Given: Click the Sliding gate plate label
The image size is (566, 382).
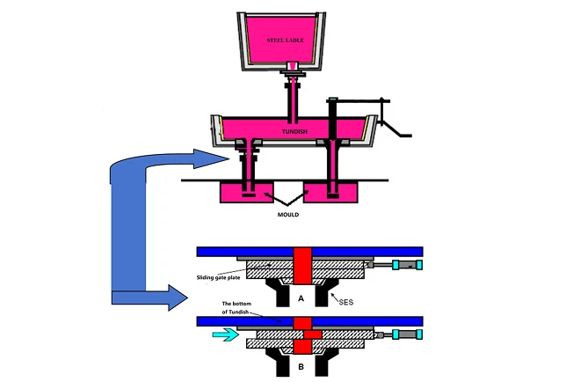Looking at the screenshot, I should (220, 276).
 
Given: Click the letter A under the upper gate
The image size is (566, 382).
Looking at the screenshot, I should (302, 298).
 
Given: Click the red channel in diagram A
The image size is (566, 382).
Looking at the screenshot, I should (302, 265).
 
